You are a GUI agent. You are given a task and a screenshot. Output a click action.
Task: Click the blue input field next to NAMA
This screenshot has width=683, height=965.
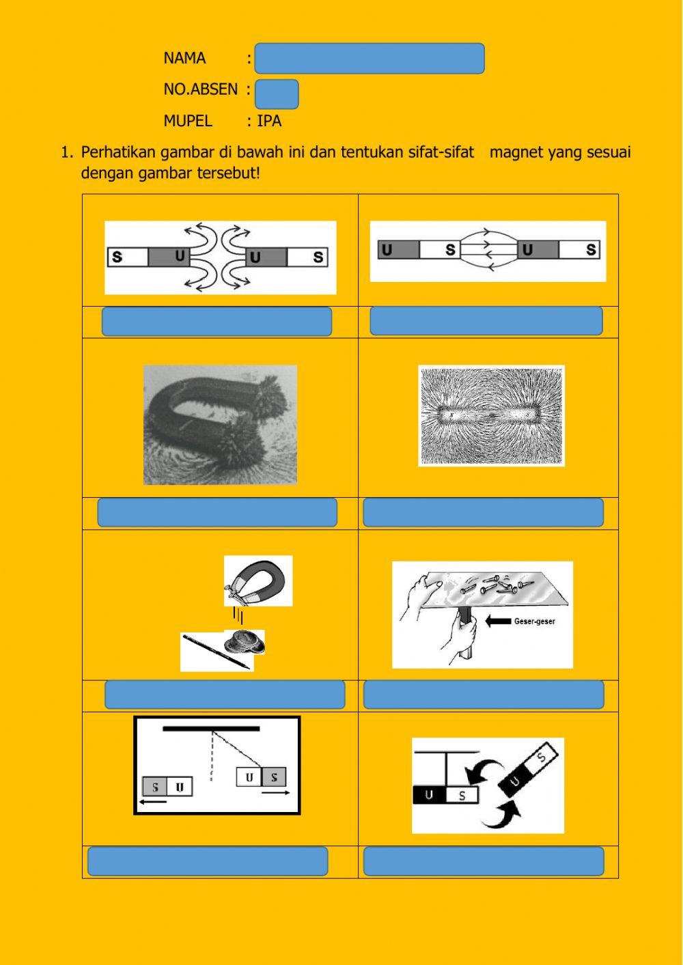(x=369, y=59)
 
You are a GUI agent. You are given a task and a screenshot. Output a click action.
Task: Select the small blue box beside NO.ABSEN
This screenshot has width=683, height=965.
(x=277, y=94)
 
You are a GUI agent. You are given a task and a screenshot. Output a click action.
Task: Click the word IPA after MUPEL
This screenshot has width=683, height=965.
(x=269, y=122)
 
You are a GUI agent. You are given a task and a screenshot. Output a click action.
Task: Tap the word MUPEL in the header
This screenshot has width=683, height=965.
(x=188, y=122)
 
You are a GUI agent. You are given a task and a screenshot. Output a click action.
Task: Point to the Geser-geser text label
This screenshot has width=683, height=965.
(x=535, y=621)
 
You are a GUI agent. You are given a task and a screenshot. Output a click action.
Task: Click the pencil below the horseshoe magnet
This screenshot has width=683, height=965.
(x=215, y=652)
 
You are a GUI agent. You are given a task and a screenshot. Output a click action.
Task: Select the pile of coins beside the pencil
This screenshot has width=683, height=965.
(x=244, y=641)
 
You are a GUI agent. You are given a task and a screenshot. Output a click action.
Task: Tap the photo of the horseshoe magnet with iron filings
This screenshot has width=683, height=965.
(x=220, y=425)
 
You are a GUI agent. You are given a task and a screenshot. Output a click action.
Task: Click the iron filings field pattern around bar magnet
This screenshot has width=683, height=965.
(x=491, y=416)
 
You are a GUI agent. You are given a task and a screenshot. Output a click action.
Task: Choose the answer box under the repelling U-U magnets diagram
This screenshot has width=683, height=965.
(x=217, y=322)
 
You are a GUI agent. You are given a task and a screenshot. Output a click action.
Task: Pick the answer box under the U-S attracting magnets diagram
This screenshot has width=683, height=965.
(x=486, y=321)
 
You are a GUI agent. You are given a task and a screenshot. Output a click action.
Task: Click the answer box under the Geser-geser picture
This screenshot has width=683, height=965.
(x=483, y=695)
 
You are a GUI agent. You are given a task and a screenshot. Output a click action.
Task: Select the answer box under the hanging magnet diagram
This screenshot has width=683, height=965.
(x=208, y=861)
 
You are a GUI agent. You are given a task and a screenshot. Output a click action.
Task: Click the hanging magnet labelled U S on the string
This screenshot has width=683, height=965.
(x=261, y=777)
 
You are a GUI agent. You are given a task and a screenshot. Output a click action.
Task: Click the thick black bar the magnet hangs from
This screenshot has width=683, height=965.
(x=211, y=729)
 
